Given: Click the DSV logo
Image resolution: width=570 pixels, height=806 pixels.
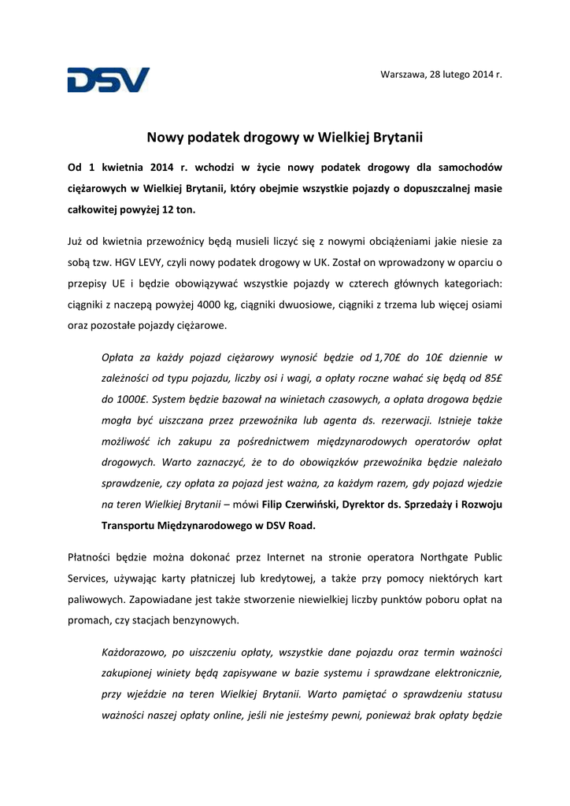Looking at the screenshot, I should pyautogui.click(x=108, y=79).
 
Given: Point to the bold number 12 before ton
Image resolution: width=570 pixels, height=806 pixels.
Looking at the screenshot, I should pyautogui.click(x=166, y=210).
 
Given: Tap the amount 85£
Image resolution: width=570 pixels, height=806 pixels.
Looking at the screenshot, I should pyautogui.click(x=492, y=377).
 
